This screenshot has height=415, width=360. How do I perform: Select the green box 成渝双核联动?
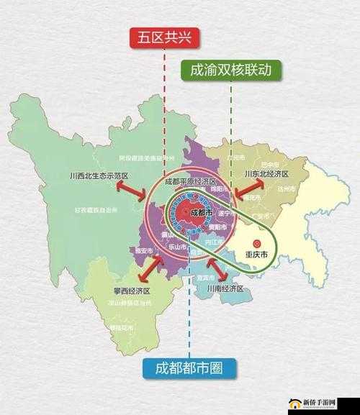coord(230,70)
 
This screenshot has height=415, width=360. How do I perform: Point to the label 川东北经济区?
coord(266,174)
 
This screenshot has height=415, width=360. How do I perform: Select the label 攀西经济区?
coord(132,291)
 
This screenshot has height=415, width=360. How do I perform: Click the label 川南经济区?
coord(225,288)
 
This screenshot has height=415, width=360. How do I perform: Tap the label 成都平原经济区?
coord(190,181)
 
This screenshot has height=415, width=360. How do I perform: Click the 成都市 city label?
coord(200,214)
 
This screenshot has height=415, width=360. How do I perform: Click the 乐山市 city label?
coord(178,246)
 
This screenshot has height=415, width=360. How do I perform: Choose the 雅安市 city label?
coord(144,250)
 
